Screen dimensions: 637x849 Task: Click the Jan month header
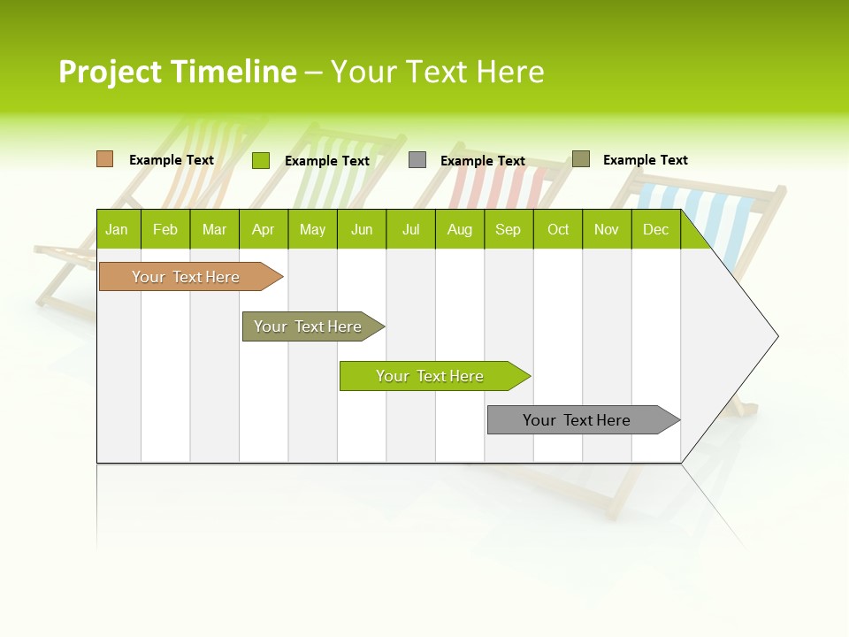pos(118,229)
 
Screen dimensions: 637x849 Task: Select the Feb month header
pos(165,229)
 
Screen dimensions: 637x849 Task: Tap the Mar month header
pos(214,229)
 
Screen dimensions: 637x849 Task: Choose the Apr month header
pos(264,229)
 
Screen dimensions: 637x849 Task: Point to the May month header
pos(312,229)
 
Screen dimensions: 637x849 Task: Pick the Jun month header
pos(362,229)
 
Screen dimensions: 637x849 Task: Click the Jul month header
pos(410,229)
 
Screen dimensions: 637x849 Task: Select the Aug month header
pos(460,229)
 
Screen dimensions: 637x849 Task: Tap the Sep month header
pos(509,229)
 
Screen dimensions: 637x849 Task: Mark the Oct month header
pos(558,229)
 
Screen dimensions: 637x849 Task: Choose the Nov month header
pos(607,229)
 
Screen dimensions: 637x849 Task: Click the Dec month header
pos(656,229)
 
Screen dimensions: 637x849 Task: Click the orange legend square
pos(105,159)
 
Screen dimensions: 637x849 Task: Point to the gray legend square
pos(417,160)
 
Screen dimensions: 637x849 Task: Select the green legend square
pos(261,160)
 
